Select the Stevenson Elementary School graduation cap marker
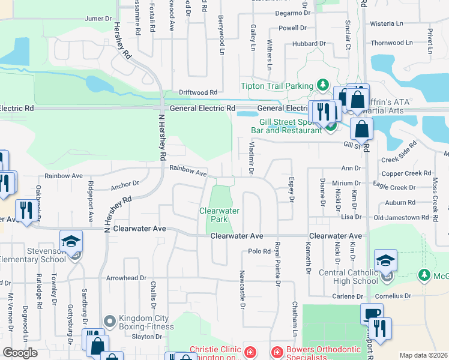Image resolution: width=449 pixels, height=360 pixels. (71, 242)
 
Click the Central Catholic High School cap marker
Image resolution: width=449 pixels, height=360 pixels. (386, 261)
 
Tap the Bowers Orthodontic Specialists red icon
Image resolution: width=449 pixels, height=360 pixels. (277, 350)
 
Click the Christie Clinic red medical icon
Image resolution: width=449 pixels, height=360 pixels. (249, 350)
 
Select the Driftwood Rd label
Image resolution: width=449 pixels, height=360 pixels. (197, 93)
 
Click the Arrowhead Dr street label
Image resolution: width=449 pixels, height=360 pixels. (126, 278)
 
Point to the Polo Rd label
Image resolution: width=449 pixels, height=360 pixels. (259, 251)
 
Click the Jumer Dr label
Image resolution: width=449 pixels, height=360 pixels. (98, 19)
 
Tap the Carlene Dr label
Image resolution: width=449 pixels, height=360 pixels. (348, 296)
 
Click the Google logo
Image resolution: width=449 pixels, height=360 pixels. (20, 353)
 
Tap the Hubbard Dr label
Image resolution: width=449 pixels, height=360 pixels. (309, 44)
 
